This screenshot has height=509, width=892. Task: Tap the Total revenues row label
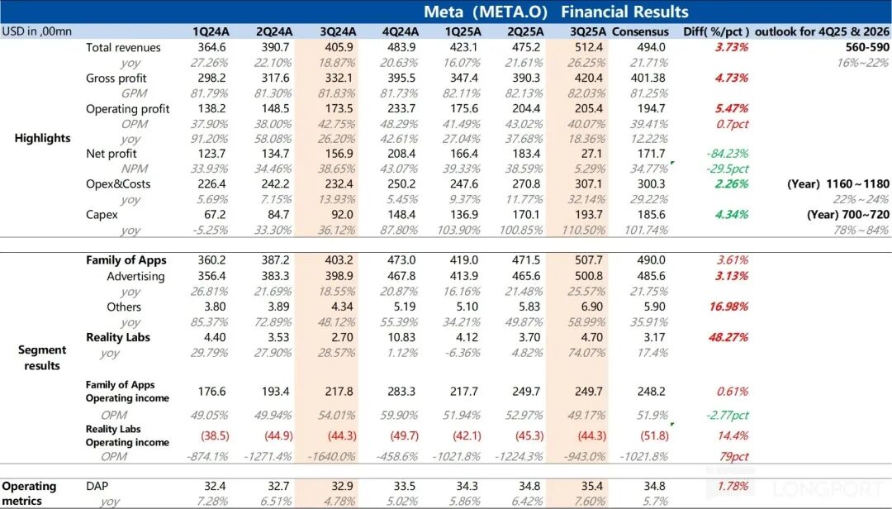pyautogui.click(x=123, y=47)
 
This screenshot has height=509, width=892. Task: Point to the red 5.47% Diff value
pyautogui.click(x=732, y=108)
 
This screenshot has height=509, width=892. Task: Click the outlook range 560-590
pyautogui.click(x=861, y=47)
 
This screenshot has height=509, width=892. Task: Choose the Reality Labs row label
pyautogui.click(x=118, y=337)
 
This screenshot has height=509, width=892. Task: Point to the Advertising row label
pyautogui.click(x=135, y=276)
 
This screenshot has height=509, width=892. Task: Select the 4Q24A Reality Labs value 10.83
pyautogui.click(x=400, y=337)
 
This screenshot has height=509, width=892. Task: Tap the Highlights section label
pyautogui.click(x=42, y=138)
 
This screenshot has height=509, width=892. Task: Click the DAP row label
pyautogui.click(x=97, y=487)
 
